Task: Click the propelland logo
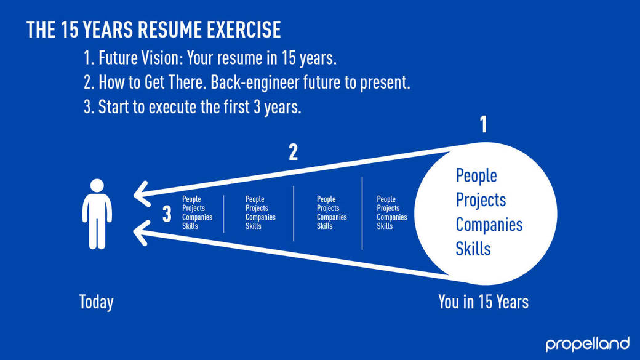587,344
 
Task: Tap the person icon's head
97,185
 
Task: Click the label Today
97,302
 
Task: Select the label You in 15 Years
483,302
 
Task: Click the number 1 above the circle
484,124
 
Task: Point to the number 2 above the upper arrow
293,152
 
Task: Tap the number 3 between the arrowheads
167,214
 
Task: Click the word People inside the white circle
476,176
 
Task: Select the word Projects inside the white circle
481,201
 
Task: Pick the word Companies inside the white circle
489,225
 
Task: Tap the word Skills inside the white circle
473,249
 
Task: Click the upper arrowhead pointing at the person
141,193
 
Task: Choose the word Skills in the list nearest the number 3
190,226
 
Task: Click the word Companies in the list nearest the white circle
392,217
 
